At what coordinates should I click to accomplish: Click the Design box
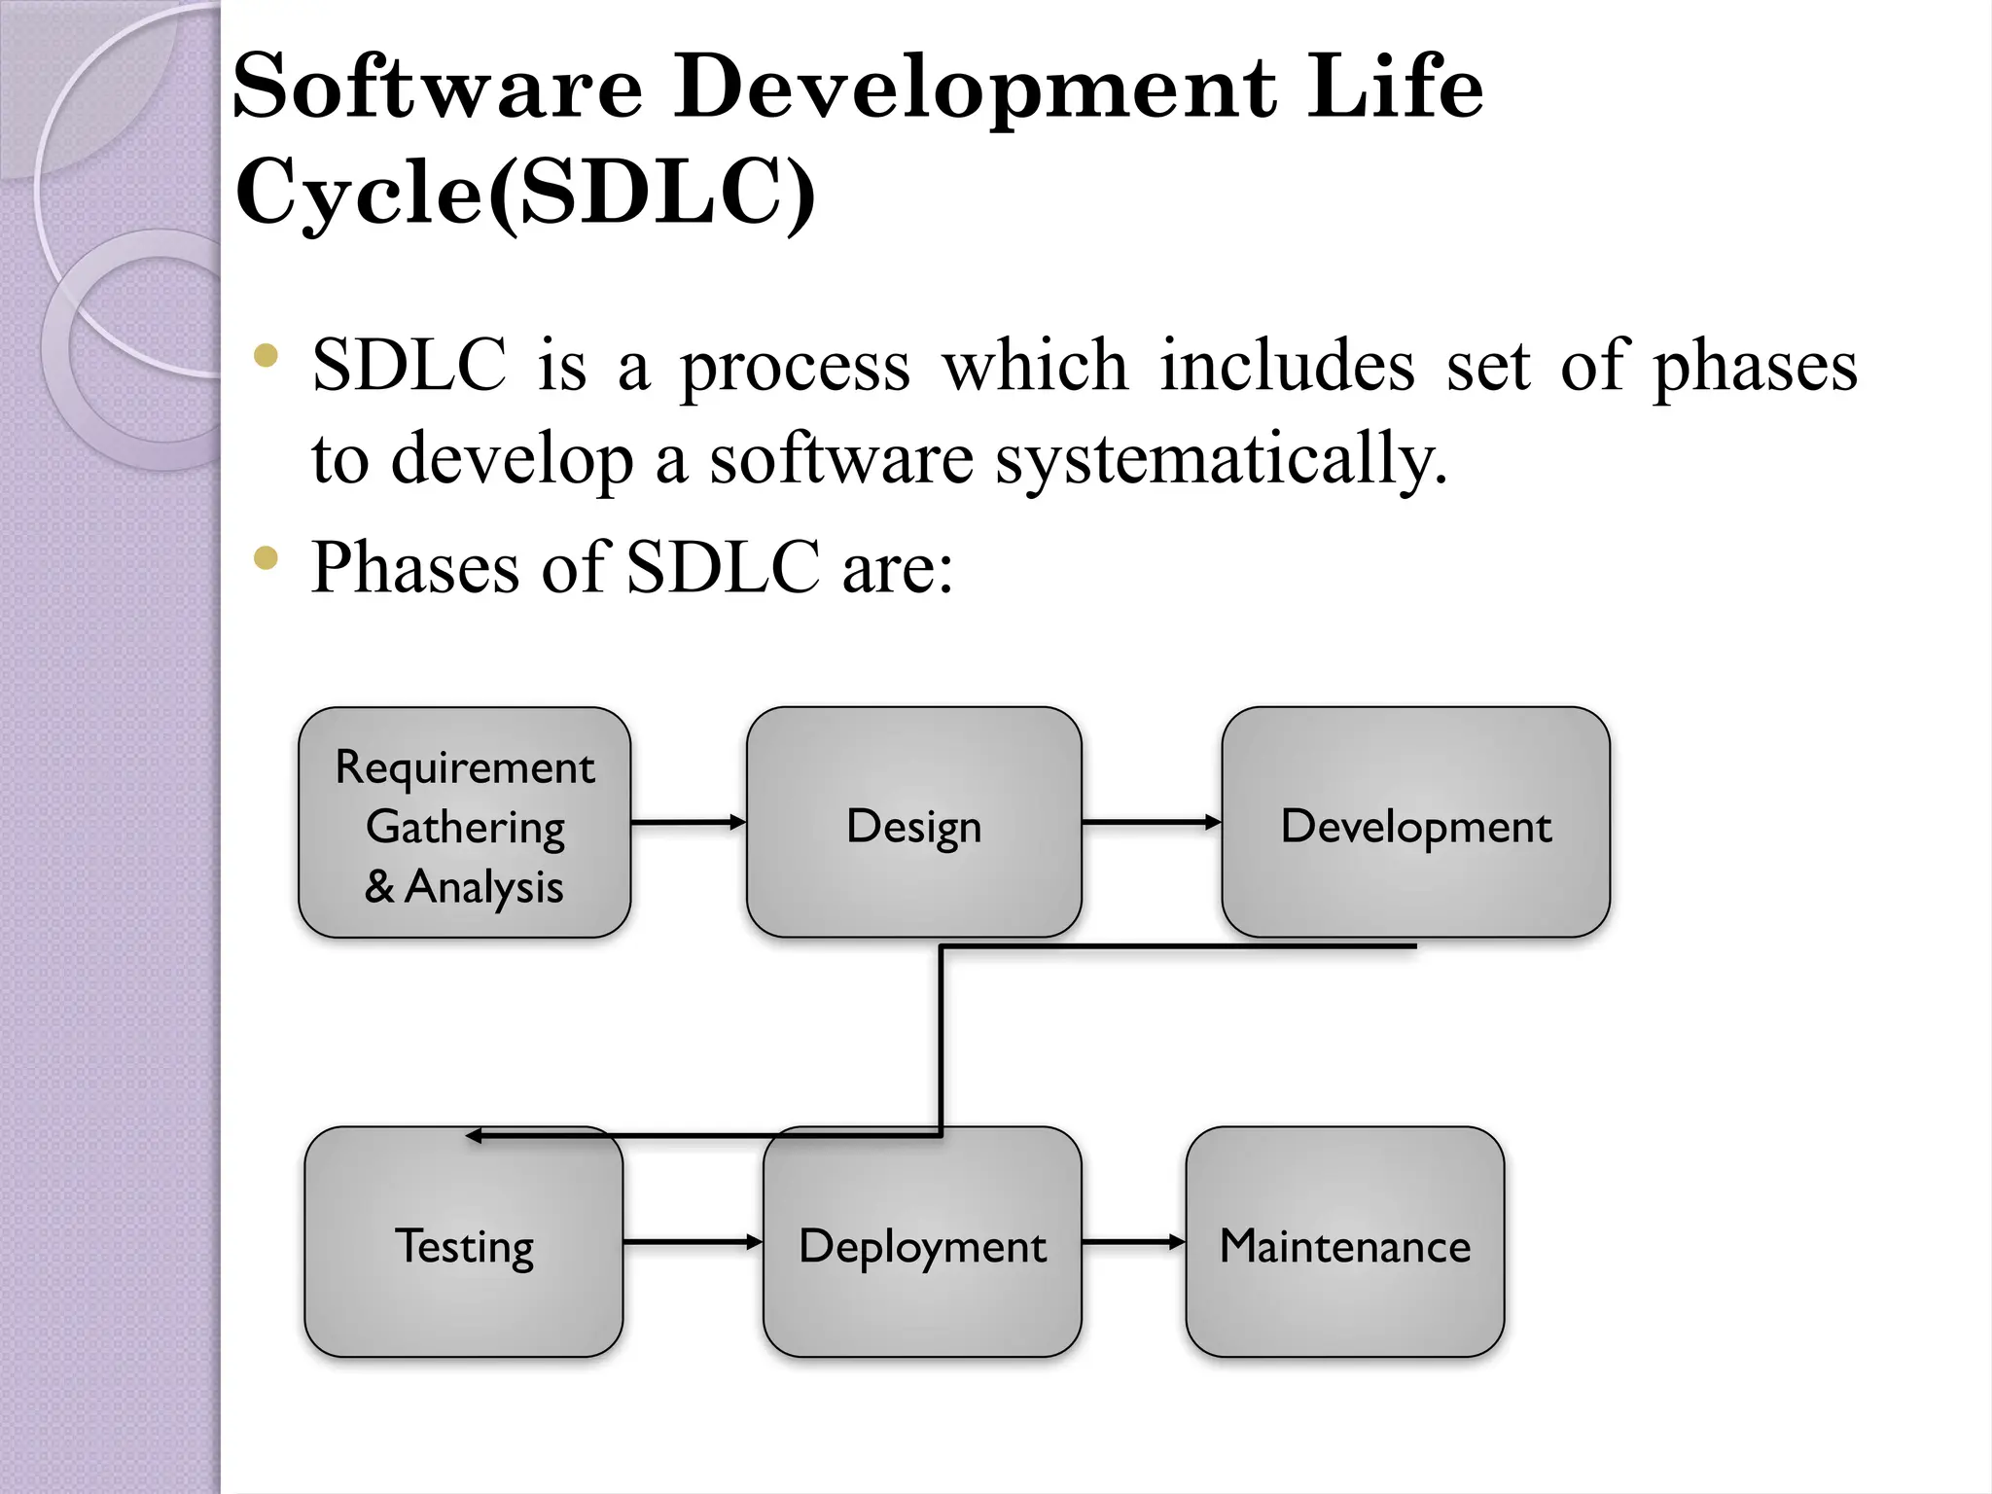coord(913,823)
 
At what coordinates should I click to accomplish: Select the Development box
coord(1415,823)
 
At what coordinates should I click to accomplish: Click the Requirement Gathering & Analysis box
coord(464,823)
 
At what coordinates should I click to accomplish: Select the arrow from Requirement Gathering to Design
coord(688,823)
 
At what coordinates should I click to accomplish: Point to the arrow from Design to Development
coord(1151,823)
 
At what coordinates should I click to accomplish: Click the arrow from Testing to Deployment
coord(693,1242)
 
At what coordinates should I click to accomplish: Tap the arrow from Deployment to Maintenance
coord(1133,1242)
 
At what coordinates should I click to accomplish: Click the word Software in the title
coord(438,88)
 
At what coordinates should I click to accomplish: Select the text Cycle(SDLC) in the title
coord(525,192)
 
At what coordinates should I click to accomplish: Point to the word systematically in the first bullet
coord(1222,459)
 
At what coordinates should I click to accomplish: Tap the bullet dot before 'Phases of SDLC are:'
coord(266,558)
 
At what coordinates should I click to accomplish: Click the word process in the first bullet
coord(795,368)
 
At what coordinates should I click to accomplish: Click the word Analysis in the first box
coord(483,887)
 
